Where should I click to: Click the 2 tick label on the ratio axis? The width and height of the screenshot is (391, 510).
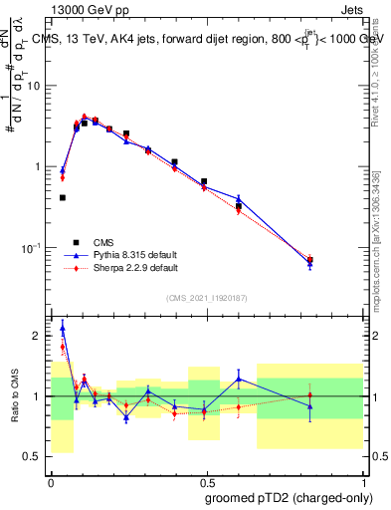tap(39, 337)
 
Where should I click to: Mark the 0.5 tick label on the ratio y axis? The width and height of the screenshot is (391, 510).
tap(35, 457)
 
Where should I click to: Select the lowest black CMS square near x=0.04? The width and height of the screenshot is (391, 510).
tap(63, 197)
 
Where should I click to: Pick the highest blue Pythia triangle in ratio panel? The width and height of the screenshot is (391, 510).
tap(63, 326)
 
